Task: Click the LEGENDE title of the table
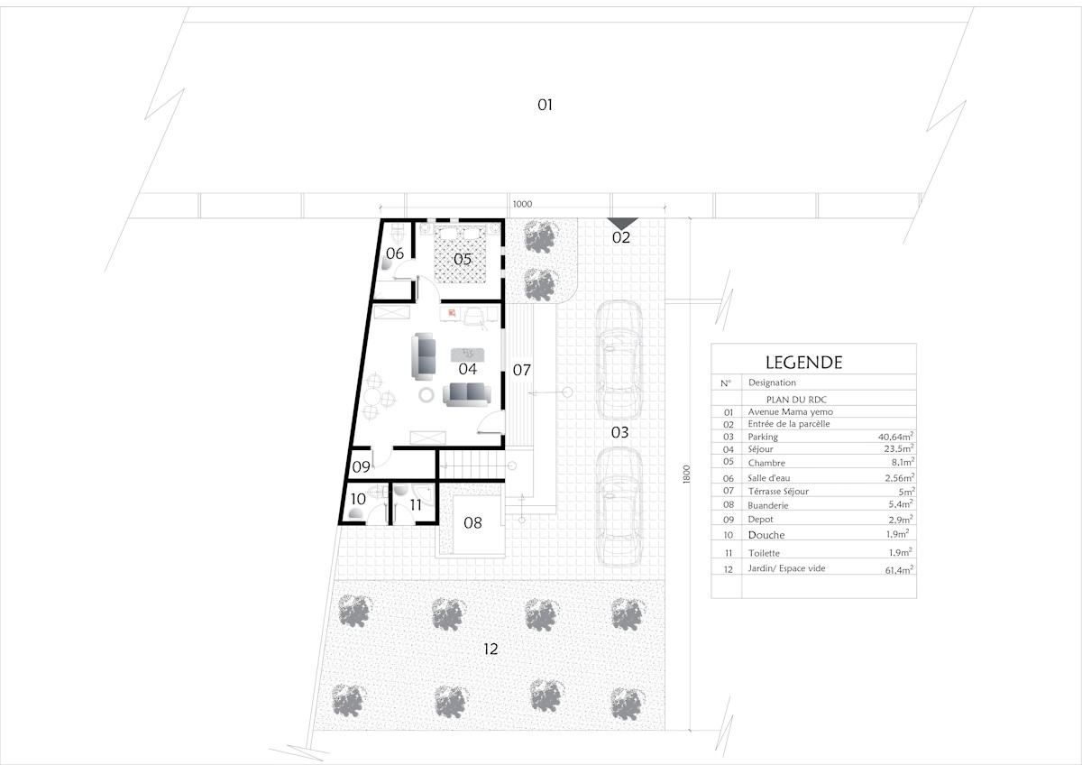point(803,363)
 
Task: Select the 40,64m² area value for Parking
point(895,436)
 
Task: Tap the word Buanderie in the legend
point(768,505)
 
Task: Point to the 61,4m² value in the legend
point(899,570)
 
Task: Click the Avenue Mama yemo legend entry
point(790,411)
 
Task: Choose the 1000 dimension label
point(522,204)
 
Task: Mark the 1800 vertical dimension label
point(686,475)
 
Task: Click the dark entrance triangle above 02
point(623,223)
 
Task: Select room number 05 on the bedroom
point(463,259)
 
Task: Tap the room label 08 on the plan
point(472,522)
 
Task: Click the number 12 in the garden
point(491,649)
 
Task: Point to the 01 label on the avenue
point(545,105)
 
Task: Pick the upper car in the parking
point(619,361)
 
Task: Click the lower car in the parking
point(619,506)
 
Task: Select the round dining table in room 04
point(372,398)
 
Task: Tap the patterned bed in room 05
point(460,253)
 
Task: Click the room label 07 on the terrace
point(522,370)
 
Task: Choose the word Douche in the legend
point(766,535)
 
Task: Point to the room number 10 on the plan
point(358,499)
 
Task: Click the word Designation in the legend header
point(772,382)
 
